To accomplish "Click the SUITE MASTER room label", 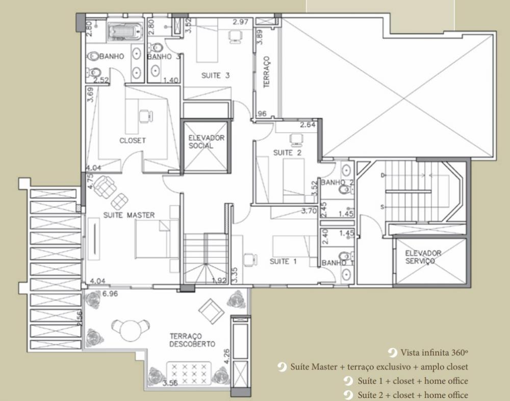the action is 129,215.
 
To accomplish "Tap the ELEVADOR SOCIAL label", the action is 206,142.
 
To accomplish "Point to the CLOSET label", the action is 133,141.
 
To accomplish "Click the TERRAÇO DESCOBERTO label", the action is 192,340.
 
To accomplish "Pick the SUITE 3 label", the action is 215,76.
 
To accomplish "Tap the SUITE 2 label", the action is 287,153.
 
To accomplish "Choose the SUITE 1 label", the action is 283,261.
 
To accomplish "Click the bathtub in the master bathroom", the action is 125,32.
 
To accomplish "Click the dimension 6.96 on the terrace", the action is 110,294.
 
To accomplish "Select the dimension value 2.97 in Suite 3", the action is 240,22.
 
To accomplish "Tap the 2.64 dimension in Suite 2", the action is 308,125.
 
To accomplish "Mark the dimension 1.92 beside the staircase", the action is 219,280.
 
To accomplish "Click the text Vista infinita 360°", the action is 434,353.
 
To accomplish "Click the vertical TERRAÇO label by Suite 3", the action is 267,72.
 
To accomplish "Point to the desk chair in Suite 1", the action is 250,259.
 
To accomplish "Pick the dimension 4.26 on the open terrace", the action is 227,357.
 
